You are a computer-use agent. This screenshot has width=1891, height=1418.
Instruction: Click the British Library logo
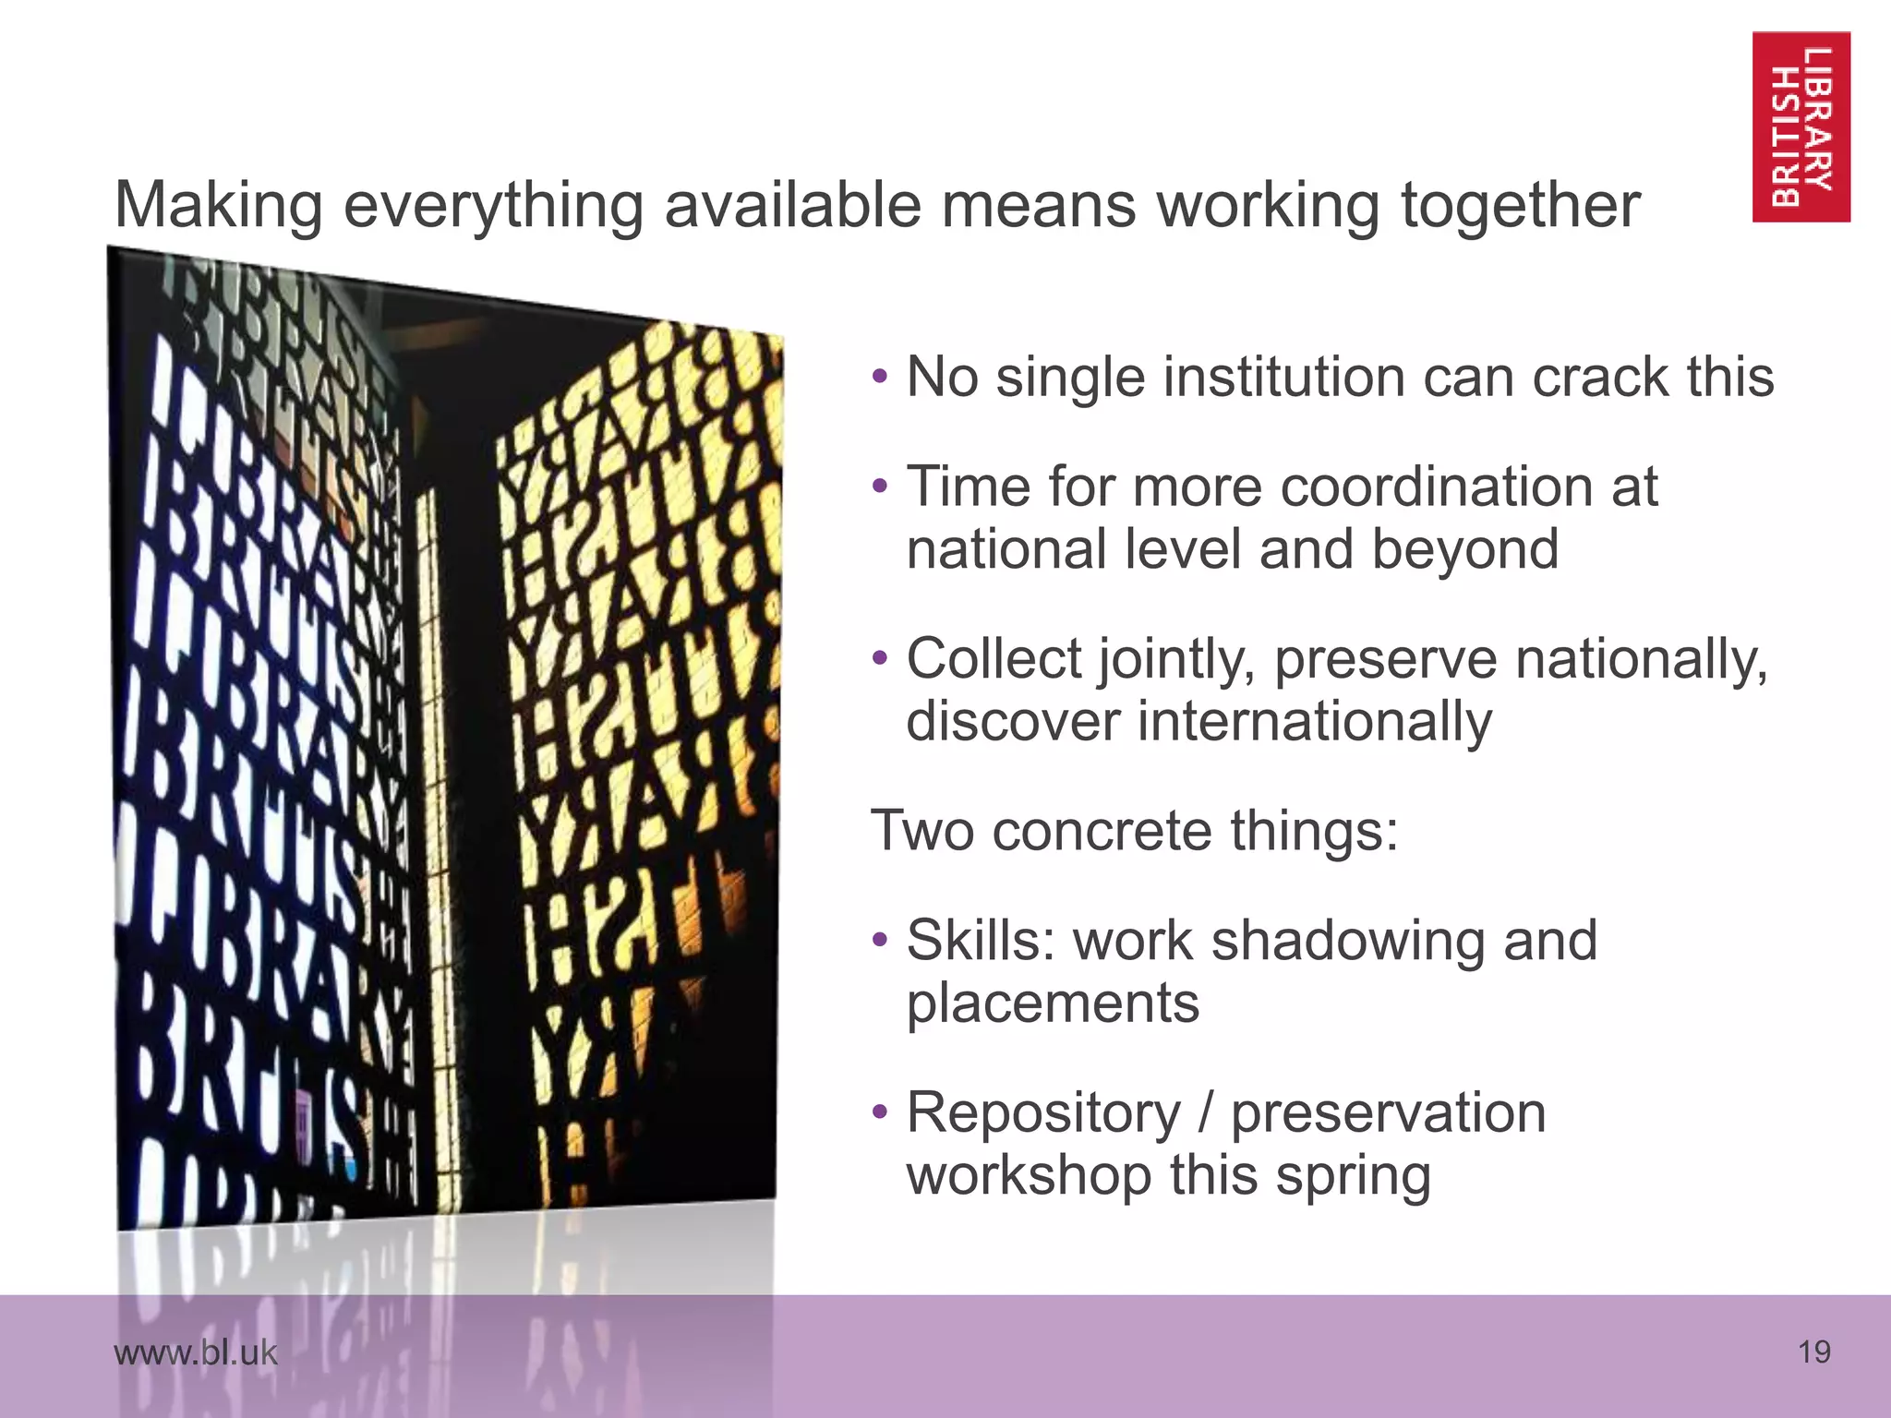[x=1801, y=126]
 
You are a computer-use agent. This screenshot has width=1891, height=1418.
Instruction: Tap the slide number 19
[x=1813, y=1352]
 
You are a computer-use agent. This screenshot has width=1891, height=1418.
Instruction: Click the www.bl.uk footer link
[x=195, y=1352]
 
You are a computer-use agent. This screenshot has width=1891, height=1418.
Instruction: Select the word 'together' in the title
[x=1520, y=205]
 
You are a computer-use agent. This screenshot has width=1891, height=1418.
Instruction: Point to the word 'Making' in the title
[x=219, y=205]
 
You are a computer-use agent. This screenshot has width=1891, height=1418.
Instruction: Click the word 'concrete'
[x=1102, y=830]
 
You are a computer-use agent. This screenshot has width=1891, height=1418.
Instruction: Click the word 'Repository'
[x=1043, y=1113]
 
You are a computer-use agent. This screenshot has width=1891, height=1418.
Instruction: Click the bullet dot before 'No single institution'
[x=880, y=377]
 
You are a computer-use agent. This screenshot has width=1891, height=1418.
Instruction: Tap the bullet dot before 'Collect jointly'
[x=880, y=658]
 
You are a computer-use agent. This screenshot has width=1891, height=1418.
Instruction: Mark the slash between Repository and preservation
[x=1205, y=1112]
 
